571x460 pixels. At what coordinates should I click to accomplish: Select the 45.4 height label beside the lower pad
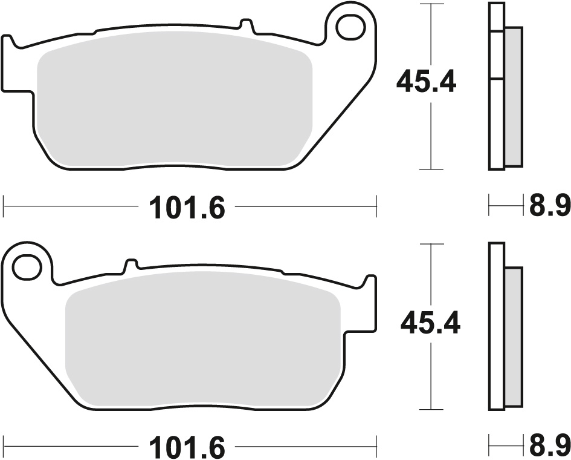[430, 324]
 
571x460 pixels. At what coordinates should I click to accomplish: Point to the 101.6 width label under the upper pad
[187, 208]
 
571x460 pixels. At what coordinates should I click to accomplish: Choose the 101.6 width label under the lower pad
[187, 448]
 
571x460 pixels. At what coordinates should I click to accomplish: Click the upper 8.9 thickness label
[549, 208]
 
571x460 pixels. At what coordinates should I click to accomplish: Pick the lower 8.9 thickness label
[549, 448]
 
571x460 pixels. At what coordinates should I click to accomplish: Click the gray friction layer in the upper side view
[513, 97]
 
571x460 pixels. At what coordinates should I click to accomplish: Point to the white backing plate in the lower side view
[495, 327]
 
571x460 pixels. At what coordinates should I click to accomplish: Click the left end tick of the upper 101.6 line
[4, 206]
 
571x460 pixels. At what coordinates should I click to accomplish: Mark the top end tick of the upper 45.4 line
[430, 4]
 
